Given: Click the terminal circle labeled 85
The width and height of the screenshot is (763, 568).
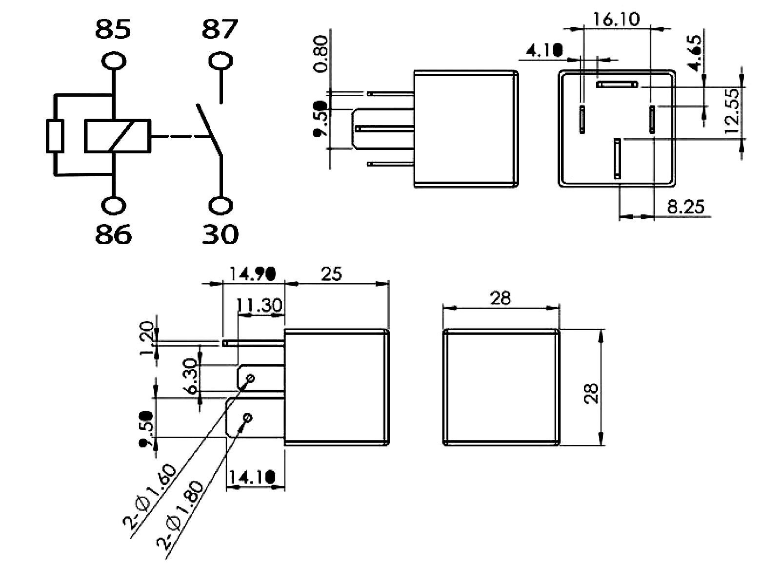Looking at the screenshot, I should click(113, 62).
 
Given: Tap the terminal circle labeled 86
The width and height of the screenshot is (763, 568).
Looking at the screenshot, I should click(113, 205).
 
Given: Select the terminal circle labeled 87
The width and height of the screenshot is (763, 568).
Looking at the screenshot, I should click(220, 62).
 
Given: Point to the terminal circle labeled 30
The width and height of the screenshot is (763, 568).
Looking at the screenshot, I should click(220, 205).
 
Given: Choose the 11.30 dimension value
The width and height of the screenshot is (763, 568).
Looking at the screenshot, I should click(259, 305).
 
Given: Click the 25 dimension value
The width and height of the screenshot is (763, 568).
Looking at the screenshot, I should click(331, 274).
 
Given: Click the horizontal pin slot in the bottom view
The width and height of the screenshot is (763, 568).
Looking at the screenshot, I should click(617, 84).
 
